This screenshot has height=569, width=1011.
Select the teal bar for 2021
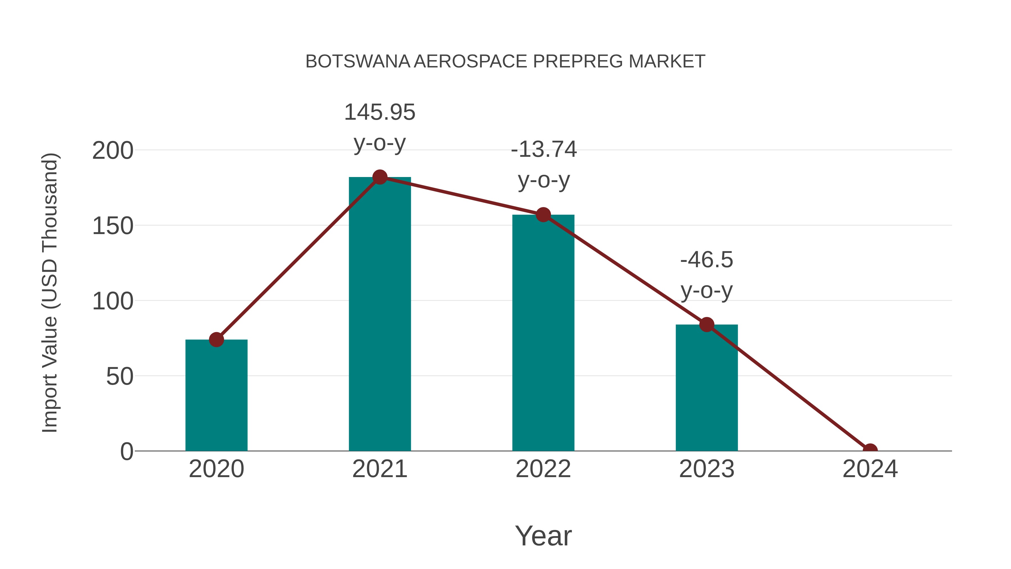click(x=379, y=314)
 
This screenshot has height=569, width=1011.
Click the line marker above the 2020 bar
click(x=216, y=340)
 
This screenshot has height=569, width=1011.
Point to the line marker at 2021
click(x=379, y=177)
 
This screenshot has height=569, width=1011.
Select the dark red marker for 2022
click(x=543, y=215)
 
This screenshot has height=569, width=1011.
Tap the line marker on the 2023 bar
click(x=707, y=325)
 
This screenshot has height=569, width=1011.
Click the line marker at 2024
click(x=870, y=450)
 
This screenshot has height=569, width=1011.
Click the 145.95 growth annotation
click(x=379, y=112)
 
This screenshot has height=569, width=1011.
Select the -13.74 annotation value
click(x=544, y=149)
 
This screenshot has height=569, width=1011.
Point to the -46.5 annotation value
click(x=707, y=260)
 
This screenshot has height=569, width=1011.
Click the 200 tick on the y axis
click(x=113, y=151)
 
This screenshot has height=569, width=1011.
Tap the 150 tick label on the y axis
click(x=113, y=226)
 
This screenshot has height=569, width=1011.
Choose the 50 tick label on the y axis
click(x=120, y=377)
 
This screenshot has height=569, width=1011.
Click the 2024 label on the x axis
click(x=870, y=469)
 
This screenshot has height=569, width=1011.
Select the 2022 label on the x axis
click(x=543, y=469)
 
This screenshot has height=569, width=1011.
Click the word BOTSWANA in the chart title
click(x=358, y=62)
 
